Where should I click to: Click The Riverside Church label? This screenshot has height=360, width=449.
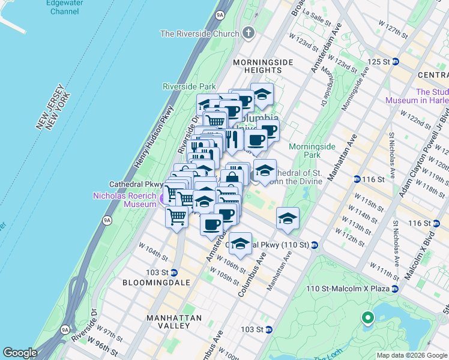point(199,34)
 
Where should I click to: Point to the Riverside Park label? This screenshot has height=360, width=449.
point(189,86)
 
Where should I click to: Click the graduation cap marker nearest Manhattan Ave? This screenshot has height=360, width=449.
point(288,220)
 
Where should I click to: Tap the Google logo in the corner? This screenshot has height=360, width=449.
point(20,353)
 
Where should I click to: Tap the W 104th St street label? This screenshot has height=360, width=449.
point(151,247)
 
